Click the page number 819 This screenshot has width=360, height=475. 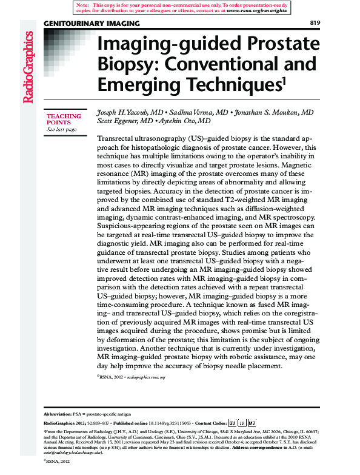(x=315, y=23)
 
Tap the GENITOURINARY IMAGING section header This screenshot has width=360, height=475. (x=92, y=24)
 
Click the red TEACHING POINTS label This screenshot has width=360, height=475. (x=64, y=119)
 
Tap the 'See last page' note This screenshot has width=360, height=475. (x=62, y=129)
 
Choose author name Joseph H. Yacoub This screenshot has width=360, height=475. (x=125, y=113)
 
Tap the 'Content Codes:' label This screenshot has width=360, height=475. (x=210, y=422)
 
